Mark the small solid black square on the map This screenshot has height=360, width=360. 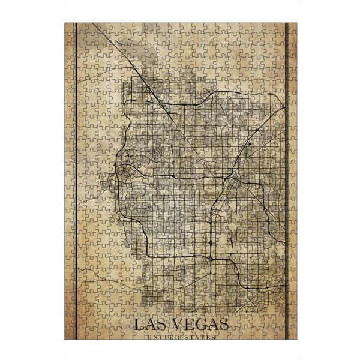(249, 144)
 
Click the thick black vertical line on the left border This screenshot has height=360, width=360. (74, 180)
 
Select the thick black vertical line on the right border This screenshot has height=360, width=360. (286, 180)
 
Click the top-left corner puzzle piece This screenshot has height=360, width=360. (69, 28)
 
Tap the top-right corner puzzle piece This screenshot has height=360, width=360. (292, 28)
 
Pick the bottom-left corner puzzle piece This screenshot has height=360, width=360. (69, 334)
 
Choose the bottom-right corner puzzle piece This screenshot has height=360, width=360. (292, 334)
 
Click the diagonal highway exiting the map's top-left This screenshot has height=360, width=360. (108, 42)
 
